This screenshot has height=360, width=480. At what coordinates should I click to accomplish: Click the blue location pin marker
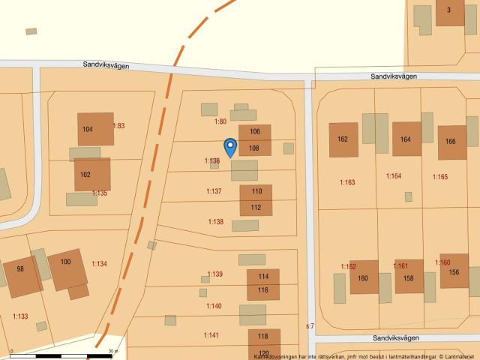point(230,146)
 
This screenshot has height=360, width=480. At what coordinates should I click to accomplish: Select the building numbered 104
point(95,129)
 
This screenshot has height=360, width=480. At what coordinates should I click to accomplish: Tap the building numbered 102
point(92,174)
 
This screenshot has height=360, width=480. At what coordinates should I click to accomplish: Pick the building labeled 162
point(343,139)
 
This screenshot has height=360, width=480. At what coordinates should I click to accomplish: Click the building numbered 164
point(406,139)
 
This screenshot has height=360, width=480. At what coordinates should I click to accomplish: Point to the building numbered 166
point(451,142)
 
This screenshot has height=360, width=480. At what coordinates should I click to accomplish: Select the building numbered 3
point(449,10)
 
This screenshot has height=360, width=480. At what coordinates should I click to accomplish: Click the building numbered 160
point(364,277)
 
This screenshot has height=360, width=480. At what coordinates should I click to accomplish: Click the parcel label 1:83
point(118,125)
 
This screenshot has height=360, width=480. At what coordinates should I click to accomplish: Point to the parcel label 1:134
point(99,263)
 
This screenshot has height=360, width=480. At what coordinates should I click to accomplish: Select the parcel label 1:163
point(347,182)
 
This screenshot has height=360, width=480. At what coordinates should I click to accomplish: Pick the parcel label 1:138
point(215,221)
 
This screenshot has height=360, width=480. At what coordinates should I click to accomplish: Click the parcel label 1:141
point(211,334)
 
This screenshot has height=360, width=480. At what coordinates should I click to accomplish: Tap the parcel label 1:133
point(20,316)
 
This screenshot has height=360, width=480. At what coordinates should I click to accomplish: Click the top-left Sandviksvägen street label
point(106,66)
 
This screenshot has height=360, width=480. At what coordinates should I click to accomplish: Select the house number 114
point(262,277)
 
